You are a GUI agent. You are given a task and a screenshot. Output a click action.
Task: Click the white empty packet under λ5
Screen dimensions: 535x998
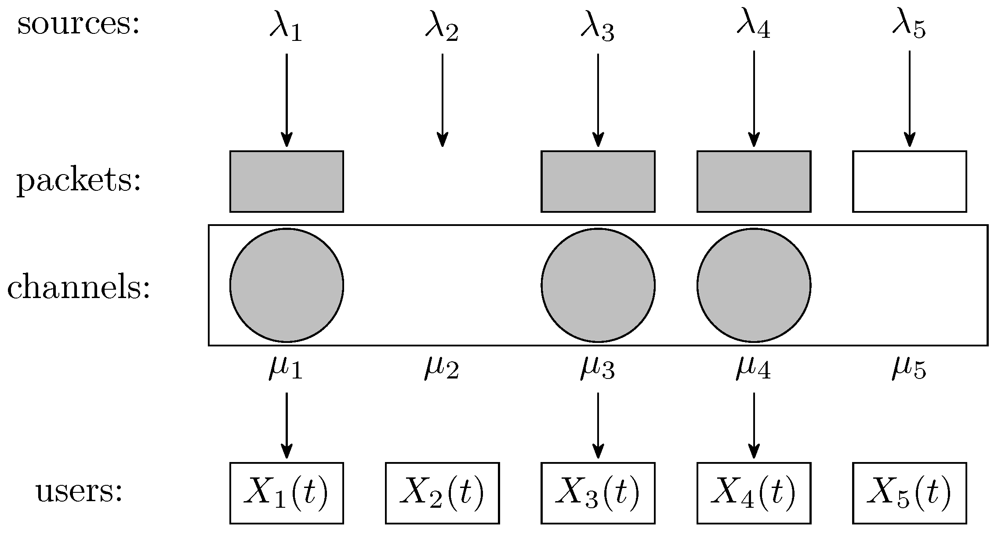point(909,181)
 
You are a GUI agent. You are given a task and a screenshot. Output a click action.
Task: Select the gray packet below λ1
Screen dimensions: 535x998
point(287,181)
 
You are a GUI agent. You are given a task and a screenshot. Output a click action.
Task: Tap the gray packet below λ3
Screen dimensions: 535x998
point(598,181)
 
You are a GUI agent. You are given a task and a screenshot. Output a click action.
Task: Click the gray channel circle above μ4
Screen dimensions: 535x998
point(754,285)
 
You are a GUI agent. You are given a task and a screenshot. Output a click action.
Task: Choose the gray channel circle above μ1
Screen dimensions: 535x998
point(287,285)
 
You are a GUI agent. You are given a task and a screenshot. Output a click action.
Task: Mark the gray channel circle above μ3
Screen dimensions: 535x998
point(598,285)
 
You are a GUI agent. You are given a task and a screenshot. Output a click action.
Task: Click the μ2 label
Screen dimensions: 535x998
point(442,368)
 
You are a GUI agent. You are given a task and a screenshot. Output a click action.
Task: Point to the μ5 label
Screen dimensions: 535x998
point(909,368)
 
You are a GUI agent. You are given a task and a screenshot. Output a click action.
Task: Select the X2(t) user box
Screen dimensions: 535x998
point(442,493)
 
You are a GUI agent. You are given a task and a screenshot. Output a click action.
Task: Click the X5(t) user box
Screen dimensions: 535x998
point(909,493)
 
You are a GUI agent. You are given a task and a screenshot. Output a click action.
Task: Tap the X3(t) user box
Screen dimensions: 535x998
point(598,493)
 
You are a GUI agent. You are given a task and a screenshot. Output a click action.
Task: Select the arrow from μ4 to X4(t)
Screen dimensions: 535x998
point(754,425)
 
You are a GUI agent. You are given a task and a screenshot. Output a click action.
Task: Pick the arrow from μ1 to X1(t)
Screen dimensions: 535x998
point(287,425)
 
